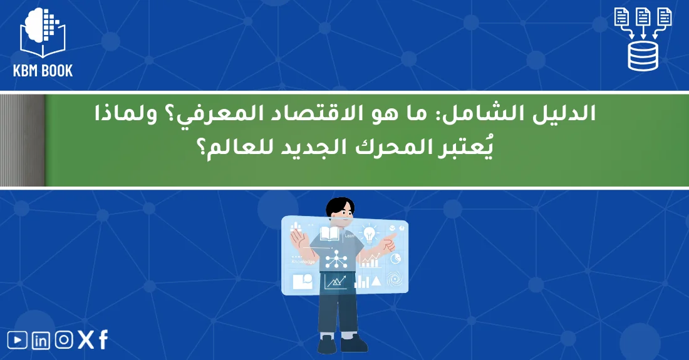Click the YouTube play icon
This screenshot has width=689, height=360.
[x=18, y=340]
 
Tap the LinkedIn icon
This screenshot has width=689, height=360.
[x=41, y=340]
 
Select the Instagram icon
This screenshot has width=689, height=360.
[x=64, y=340]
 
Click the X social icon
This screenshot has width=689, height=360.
[x=85, y=340]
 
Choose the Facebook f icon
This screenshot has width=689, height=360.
[x=103, y=339]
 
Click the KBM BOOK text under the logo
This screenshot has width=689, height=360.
[x=43, y=70]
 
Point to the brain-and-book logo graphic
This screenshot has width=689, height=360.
[x=42, y=31]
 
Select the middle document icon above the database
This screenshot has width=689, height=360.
[x=643, y=17]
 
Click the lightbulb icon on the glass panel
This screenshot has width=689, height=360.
[x=370, y=234]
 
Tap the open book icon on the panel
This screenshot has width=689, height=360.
[x=329, y=234]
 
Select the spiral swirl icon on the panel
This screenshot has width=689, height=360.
[x=395, y=279]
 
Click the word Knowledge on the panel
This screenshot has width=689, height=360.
[x=303, y=262]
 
